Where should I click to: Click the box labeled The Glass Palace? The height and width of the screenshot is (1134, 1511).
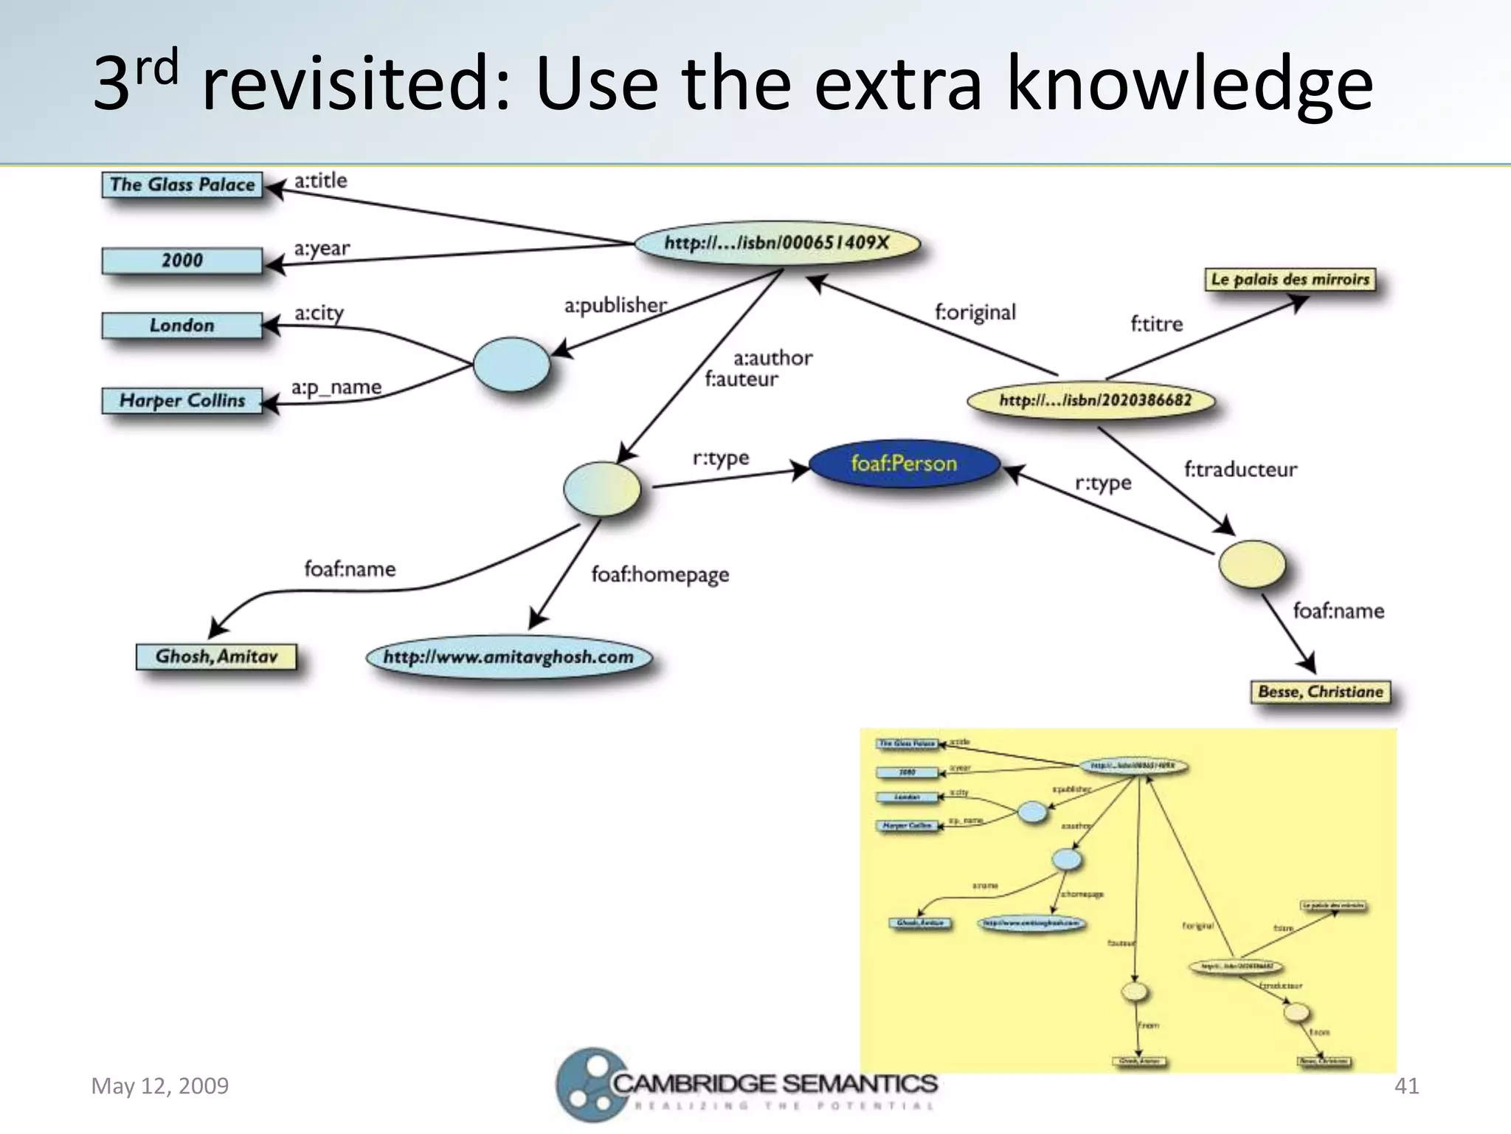tap(182, 185)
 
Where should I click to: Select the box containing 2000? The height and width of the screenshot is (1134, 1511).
tap(182, 261)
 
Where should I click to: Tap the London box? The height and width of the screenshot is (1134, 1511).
tap(182, 326)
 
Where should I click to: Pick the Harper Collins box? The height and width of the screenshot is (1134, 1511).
tap(182, 401)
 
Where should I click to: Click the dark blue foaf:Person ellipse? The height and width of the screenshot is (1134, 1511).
tap(904, 464)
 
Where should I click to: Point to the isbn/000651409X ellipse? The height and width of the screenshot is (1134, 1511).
tap(777, 243)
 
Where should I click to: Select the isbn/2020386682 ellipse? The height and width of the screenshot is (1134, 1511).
tap(1092, 400)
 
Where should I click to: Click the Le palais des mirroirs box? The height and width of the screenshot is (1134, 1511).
tap(1290, 279)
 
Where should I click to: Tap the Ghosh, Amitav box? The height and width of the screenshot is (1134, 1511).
tap(216, 656)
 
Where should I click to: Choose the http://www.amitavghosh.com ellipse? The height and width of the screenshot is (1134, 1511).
tap(509, 657)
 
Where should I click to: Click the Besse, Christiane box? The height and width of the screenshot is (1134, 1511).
tap(1321, 692)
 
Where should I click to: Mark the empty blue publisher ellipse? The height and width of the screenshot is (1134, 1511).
tap(511, 364)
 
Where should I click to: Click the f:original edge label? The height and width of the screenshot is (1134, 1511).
tap(975, 312)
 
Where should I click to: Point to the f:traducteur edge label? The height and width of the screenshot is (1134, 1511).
tap(1240, 470)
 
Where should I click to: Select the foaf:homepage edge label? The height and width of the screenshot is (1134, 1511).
tap(660, 574)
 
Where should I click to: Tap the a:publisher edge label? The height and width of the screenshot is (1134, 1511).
tap(615, 305)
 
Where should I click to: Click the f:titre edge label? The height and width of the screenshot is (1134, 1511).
tap(1156, 324)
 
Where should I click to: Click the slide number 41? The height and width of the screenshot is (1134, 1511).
tap(1406, 1086)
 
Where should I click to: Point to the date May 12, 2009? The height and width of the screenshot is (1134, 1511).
tap(160, 1086)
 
